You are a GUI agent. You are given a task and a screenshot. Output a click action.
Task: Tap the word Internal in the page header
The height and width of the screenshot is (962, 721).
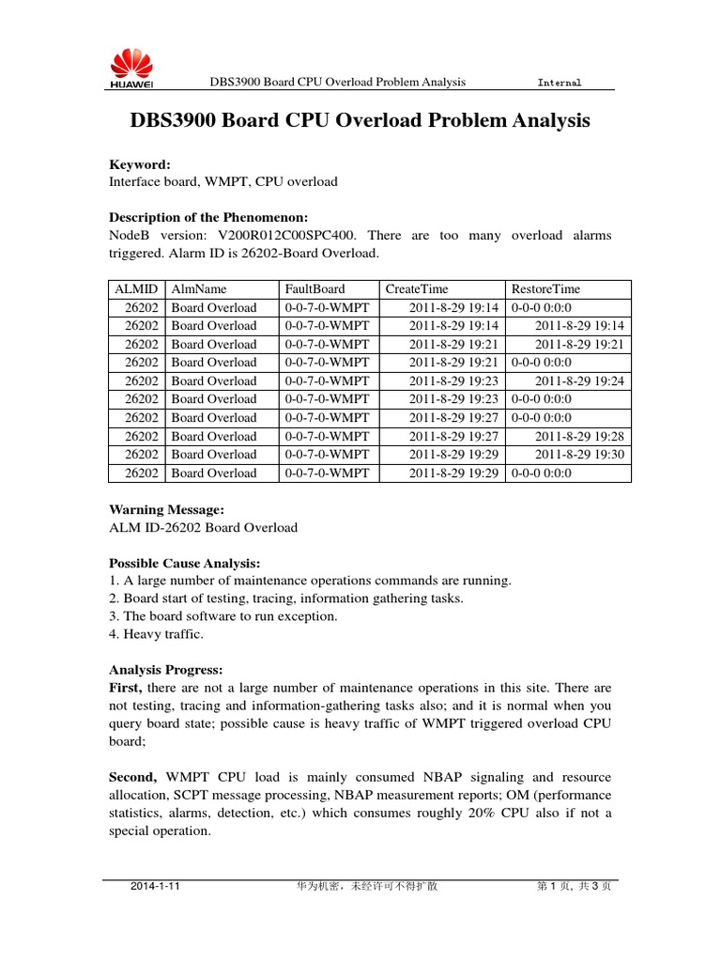(x=559, y=83)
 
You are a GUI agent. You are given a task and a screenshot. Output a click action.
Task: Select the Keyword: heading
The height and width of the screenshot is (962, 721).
(x=140, y=164)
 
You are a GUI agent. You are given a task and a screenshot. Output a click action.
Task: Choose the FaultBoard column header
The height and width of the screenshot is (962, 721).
(x=314, y=289)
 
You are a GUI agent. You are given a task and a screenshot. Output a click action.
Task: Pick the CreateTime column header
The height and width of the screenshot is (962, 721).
(x=417, y=289)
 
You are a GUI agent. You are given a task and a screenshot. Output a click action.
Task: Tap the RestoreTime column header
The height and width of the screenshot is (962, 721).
(x=545, y=289)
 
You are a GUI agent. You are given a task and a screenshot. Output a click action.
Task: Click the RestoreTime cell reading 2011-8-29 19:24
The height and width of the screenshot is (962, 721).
(x=579, y=381)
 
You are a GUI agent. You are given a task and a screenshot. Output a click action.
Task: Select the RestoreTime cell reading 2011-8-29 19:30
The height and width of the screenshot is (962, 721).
(x=579, y=455)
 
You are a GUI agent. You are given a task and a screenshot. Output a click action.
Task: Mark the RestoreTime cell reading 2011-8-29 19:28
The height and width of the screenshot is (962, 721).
(x=579, y=437)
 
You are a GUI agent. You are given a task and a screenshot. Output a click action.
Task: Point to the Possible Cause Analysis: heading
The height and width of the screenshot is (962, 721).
(x=185, y=563)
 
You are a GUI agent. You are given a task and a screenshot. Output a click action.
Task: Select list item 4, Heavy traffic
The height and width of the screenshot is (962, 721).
(x=156, y=634)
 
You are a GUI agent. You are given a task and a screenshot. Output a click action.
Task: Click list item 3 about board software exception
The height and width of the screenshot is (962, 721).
(x=223, y=616)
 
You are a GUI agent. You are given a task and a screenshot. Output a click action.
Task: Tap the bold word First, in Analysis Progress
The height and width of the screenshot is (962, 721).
(x=128, y=689)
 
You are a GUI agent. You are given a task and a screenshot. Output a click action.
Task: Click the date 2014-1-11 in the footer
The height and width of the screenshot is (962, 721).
(x=155, y=885)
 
